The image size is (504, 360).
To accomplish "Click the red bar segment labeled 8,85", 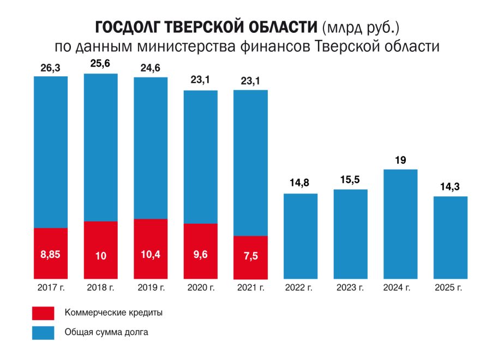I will pos(51,253).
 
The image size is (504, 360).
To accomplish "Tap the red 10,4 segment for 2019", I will pos(151,249).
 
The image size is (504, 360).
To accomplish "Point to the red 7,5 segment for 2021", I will pos(250,257).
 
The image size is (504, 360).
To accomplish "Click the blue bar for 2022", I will pos(301,236).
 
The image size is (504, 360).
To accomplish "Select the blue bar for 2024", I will pos(400,224).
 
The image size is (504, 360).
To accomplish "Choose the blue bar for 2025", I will pos(451,238).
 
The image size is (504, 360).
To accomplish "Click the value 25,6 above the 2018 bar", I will pos(101,64).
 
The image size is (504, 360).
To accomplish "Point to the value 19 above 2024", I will pos(400,160).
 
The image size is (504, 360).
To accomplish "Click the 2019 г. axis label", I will pos(151,287).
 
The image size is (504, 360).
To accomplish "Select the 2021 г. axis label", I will pos(250,287).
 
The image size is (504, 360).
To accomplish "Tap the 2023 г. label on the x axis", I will pos(350,287).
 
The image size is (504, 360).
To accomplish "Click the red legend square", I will pos(43,313).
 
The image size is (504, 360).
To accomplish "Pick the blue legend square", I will pos(43,332).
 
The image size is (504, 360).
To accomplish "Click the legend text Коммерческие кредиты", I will pos(113,313).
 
